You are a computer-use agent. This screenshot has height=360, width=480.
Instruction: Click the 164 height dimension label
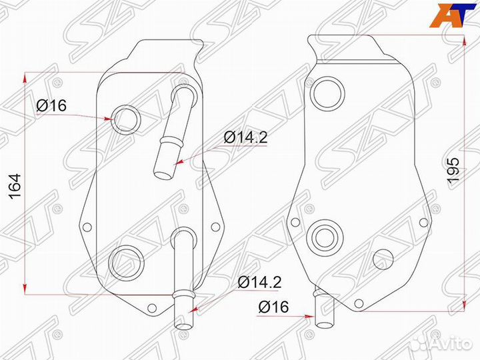coord(15,187)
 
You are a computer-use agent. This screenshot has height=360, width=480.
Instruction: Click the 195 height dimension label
coord(453,171)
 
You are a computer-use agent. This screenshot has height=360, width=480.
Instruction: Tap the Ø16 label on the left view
coord(51,106)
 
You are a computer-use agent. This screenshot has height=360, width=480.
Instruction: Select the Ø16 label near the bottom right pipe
coord(273,307)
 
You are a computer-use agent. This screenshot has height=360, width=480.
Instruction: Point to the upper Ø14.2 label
coord(245,137)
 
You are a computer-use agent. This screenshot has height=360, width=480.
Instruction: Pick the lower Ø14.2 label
coord(259,282)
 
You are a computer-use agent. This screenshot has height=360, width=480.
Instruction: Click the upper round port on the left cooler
coord(126,119)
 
